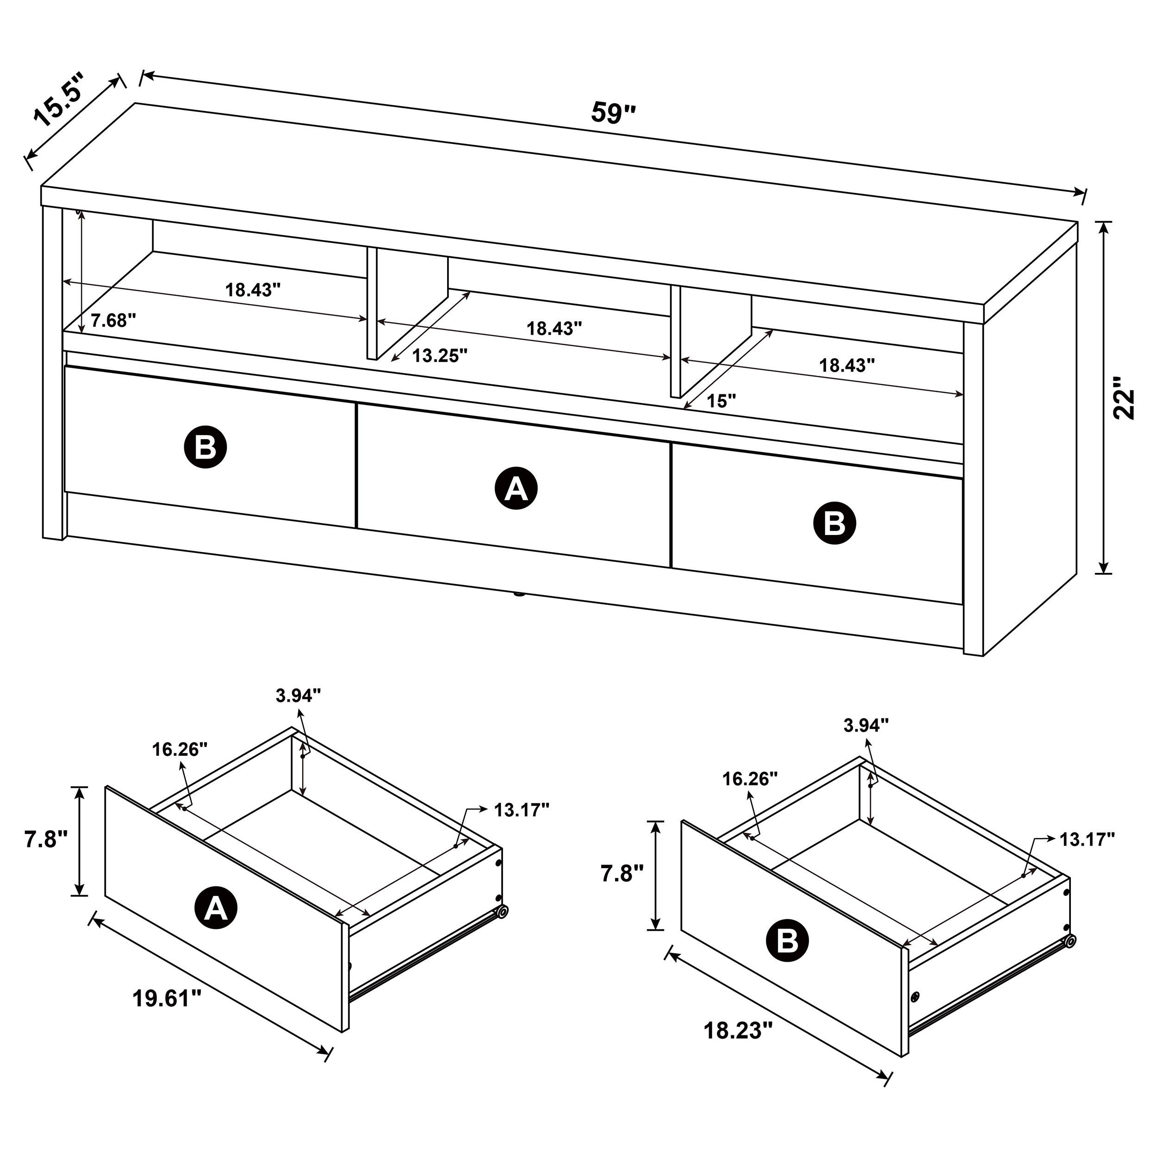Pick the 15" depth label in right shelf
(721, 401)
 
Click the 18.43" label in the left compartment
(253, 290)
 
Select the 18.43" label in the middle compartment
(554, 328)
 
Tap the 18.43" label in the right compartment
(847, 365)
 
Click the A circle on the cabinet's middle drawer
(516, 489)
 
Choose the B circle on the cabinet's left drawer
(205, 446)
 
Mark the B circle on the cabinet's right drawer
(834, 523)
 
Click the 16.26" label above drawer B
(750, 778)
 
